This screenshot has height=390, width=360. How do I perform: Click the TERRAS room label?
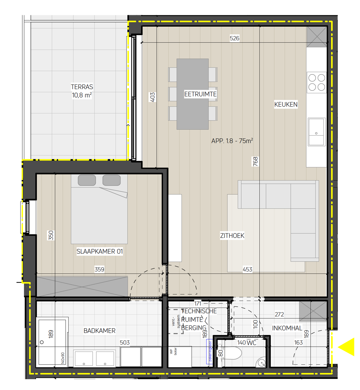point(82,87)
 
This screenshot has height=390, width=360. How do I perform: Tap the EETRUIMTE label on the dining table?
point(200,94)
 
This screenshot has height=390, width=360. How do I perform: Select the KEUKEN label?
point(286,104)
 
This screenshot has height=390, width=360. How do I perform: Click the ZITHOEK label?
point(232,236)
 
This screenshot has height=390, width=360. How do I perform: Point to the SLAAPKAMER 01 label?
point(100,251)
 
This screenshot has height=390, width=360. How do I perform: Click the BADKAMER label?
point(99,331)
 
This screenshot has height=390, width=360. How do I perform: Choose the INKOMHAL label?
point(287,328)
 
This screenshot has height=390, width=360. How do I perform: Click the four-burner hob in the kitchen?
point(317,82)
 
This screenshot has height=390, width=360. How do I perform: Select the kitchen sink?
point(316,132)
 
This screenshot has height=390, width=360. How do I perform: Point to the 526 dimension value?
point(234,38)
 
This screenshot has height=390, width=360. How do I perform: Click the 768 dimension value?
point(255,162)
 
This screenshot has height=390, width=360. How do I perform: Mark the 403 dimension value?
point(153,97)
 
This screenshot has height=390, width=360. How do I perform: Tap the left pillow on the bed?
point(87,180)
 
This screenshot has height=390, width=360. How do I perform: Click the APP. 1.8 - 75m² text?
point(232,141)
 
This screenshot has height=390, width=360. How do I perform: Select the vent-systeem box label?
point(176,321)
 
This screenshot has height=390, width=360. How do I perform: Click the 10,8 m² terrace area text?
point(82,95)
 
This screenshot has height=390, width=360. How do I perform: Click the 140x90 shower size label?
point(63,358)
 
